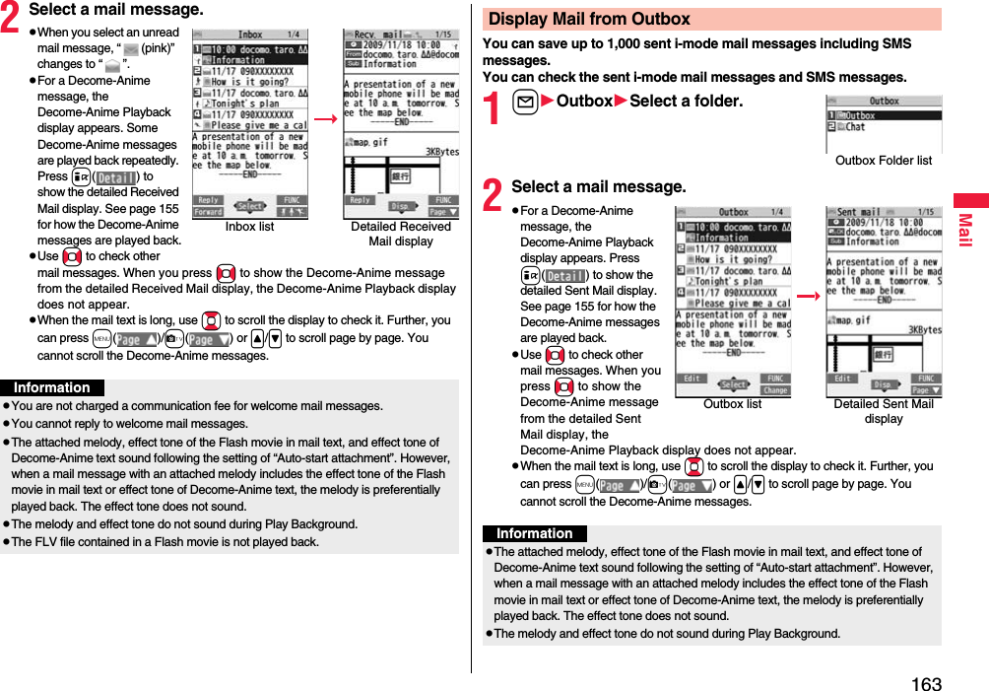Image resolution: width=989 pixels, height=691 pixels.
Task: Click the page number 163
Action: pyautogui.click(x=926, y=683)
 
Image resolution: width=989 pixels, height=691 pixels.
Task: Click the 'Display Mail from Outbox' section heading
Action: pyautogui.click(x=589, y=19)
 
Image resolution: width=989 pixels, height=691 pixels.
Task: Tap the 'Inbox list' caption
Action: pyautogui.click(x=249, y=227)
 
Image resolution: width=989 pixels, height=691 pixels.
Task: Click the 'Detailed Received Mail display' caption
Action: pyautogui.click(x=400, y=234)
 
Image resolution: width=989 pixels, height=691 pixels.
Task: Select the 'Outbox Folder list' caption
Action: pyautogui.click(x=883, y=161)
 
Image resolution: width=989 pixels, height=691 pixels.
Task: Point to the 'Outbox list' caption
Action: pyautogui.click(x=732, y=404)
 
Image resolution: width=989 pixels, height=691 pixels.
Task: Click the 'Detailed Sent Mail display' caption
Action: pyautogui.click(x=883, y=411)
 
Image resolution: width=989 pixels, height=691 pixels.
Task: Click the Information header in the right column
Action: pyautogui.click(x=534, y=534)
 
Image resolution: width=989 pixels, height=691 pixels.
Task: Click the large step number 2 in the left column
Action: pyautogui.click(x=13, y=14)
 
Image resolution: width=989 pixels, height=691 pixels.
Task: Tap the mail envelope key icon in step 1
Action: pyautogui.click(x=524, y=102)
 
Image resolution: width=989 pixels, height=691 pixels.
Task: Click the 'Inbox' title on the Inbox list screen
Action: pyautogui.click(x=249, y=35)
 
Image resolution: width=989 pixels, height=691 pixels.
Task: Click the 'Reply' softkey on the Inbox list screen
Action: pyautogui.click(x=208, y=200)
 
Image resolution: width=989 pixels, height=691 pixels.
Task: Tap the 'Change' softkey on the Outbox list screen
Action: pyautogui.click(x=775, y=390)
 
